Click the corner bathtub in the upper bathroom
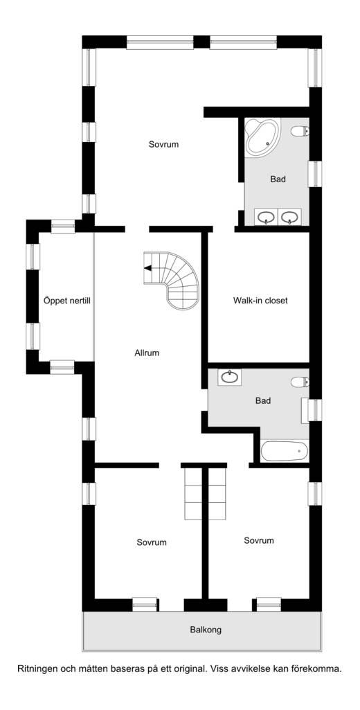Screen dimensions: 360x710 coord(262,138)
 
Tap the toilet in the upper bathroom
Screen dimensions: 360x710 coord(300,132)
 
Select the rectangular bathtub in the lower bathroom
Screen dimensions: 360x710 coord(285,451)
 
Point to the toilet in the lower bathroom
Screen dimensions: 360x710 coord(300,382)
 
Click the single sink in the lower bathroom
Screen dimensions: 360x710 coord(230,378)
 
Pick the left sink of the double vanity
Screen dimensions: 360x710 coord(267,217)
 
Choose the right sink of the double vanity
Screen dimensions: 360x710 coord(290,217)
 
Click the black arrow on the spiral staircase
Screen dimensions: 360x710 coord(147,268)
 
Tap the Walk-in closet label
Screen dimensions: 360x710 coord(260,300)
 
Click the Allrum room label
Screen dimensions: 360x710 coord(147,353)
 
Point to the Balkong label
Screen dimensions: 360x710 coord(206,630)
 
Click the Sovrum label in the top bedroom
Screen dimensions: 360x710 coord(163,145)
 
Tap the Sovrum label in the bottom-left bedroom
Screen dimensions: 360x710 coord(152,542)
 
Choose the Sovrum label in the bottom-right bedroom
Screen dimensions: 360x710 coord(258,540)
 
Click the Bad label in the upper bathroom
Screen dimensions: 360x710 coord(278,179)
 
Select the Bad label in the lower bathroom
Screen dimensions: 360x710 coord(263,401)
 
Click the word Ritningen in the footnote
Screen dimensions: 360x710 coord(35,668)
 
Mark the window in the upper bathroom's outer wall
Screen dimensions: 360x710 coord(315,174)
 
